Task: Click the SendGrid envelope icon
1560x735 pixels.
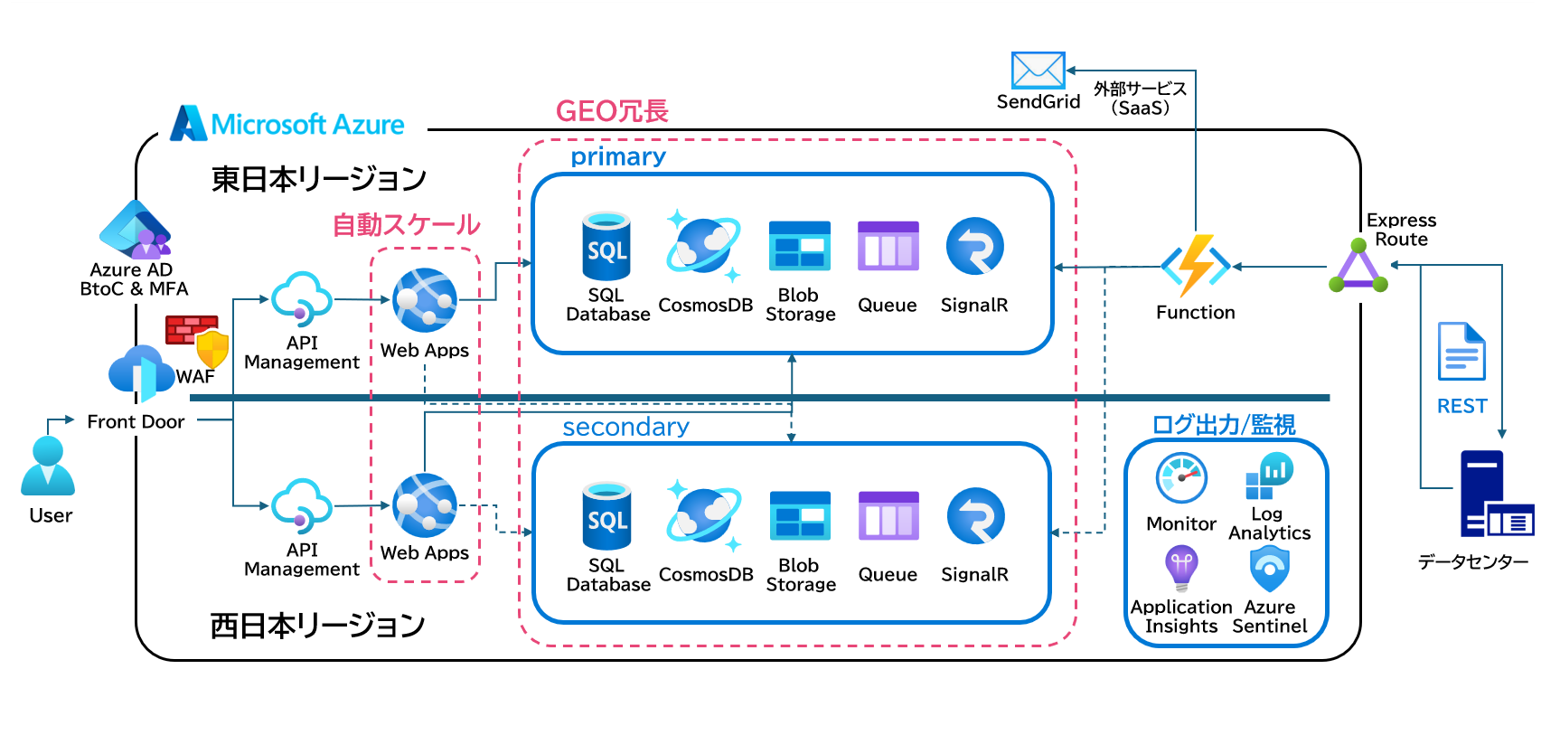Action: [x=1038, y=71]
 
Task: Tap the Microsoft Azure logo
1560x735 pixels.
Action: [x=188, y=123]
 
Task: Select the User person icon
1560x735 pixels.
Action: [x=48, y=466]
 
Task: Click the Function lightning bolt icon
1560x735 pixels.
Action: [x=1196, y=266]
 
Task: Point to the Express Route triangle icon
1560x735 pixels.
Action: [x=1358, y=267]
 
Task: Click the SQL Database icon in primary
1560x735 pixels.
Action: [x=606, y=246]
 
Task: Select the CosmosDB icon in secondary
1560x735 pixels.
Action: [x=704, y=516]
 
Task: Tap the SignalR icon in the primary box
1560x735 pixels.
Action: [x=974, y=246]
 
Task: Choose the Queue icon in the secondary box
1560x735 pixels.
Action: [x=888, y=515]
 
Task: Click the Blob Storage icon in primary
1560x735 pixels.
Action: [x=799, y=246]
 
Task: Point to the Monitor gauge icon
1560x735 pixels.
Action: [x=1181, y=478]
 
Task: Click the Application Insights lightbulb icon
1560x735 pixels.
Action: [x=1181, y=568]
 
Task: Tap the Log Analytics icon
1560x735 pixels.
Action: [x=1269, y=476]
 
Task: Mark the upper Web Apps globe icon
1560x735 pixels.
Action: [x=425, y=300]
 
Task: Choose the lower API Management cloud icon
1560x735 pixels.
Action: [x=302, y=506]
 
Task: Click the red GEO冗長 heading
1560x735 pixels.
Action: [x=612, y=111]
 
